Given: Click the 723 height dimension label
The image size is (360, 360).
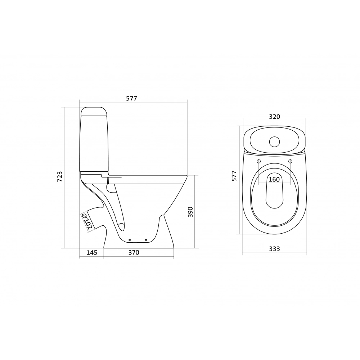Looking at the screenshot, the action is (x=60, y=177).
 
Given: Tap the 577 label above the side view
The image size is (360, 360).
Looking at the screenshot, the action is (x=131, y=99).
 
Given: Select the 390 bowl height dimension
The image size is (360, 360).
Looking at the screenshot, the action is (x=190, y=212).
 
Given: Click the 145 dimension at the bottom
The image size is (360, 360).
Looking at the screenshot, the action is (x=92, y=253).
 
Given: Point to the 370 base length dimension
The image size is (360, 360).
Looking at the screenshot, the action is (x=134, y=253).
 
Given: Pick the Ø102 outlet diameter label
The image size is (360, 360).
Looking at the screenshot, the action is (x=87, y=221).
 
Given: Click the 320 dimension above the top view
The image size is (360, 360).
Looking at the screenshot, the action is (x=275, y=117).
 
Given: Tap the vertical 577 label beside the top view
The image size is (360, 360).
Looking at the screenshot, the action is (x=234, y=176).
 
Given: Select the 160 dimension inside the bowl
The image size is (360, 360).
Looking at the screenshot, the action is (x=274, y=179).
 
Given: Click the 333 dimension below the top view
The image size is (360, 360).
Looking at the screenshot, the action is (x=275, y=249).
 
